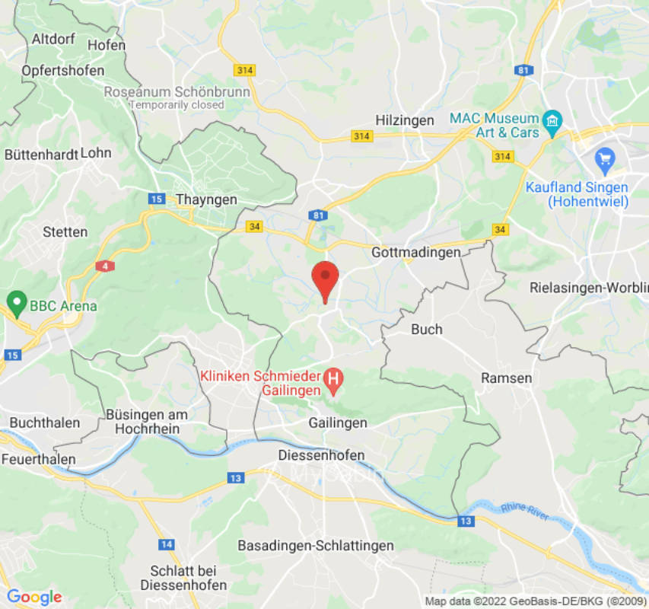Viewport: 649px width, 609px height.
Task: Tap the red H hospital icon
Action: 332,377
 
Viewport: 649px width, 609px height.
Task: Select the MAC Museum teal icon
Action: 552,120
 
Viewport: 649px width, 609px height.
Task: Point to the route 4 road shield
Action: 102,266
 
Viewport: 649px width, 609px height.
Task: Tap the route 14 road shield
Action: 166,544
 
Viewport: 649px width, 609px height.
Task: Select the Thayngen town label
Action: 206,199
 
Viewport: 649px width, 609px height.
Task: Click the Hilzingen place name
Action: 405,120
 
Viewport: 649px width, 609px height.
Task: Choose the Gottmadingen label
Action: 416,252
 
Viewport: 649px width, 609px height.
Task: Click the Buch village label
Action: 426,330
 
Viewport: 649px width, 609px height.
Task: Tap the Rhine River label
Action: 524,512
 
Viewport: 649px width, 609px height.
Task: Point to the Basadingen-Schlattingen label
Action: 316,546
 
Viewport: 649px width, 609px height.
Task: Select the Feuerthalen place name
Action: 38,459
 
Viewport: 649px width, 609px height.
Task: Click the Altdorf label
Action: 53,38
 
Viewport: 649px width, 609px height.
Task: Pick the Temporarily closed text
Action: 177,105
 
